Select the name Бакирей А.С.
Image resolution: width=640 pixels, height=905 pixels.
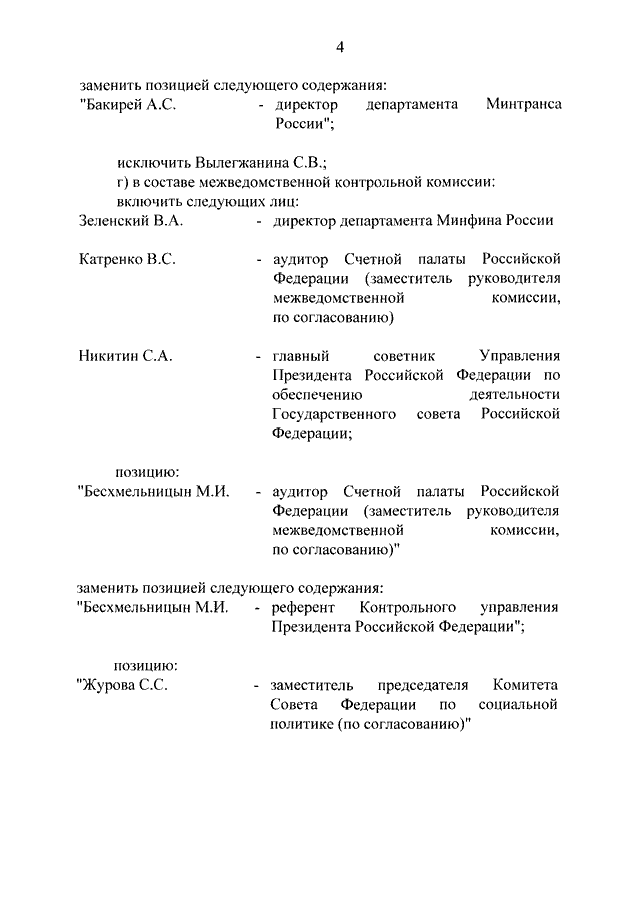click(x=127, y=105)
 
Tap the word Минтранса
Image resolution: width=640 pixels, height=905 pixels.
click(x=523, y=105)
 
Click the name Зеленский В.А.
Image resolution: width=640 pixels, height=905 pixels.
click(x=128, y=220)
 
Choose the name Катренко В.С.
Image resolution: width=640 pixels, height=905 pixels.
click(x=127, y=259)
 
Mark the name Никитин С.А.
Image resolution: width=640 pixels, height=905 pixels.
click(x=125, y=357)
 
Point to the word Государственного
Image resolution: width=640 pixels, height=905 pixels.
click(x=333, y=414)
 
